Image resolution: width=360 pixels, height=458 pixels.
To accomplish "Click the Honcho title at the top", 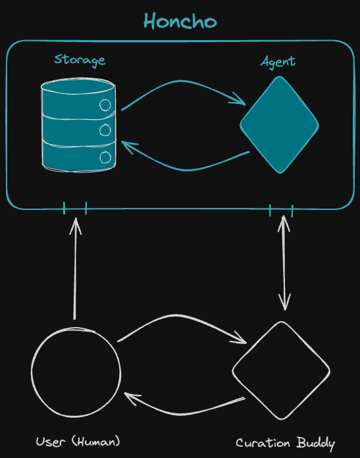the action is pyautogui.click(x=180, y=21).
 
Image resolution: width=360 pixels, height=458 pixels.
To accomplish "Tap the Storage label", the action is pyautogui.click(x=80, y=60).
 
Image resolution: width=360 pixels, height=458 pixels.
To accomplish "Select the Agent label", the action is pyautogui.click(x=278, y=63).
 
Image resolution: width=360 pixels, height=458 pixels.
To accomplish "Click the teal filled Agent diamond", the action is pyautogui.click(x=279, y=125).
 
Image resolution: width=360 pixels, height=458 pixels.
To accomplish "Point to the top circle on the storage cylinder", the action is pyautogui.click(x=105, y=105).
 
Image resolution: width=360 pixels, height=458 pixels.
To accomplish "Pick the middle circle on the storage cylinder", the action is pyautogui.click(x=105, y=130).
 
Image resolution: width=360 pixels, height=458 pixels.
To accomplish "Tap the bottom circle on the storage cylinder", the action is pyautogui.click(x=105, y=158).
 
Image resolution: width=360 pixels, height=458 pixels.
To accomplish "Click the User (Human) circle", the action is pyautogui.click(x=76, y=372).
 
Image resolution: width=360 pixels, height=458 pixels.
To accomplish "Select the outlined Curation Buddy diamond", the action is pyautogui.click(x=281, y=370).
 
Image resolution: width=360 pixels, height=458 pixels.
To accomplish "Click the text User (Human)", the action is pyautogui.click(x=78, y=442).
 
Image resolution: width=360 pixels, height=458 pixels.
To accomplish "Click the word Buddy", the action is pyautogui.click(x=316, y=444).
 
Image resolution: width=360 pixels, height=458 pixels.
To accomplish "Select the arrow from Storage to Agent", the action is pyautogui.click(x=181, y=81).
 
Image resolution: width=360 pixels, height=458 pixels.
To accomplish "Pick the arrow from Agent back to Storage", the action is pyautogui.click(x=187, y=170).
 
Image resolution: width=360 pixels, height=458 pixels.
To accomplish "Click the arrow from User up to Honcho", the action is pyautogui.click(x=75, y=268).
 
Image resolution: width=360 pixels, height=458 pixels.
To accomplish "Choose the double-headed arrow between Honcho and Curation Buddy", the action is pyautogui.click(x=284, y=263).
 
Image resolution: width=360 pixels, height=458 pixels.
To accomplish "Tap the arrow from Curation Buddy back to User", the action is pyautogui.click(x=181, y=414).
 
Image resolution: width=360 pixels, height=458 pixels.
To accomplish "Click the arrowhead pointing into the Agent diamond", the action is pyautogui.click(x=238, y=99).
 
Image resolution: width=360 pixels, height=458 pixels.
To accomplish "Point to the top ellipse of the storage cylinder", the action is pyautogui.click(x=78, y=86).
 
